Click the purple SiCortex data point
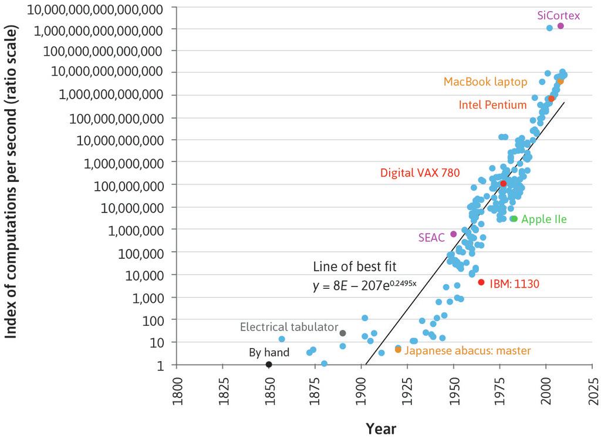point(561,26)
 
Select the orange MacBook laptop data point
point(560,81)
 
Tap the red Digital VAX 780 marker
point(503,184)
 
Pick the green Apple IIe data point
point(514,219)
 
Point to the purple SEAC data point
point(453,234)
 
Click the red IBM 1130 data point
point(481,282)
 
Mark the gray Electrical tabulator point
point(343,333)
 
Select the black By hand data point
point(269,365)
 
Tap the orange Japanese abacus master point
point(398,349)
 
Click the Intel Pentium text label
point(492,105)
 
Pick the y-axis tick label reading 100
point(157,320)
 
